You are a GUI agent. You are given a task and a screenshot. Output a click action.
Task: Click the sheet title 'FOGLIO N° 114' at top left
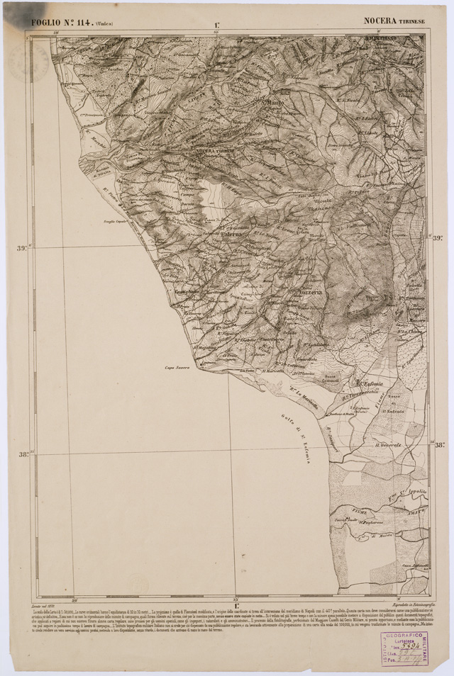pyautogui.click(x=71, y=22)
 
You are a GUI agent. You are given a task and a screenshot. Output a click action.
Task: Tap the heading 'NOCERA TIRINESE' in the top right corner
pyautogui.click(x=395, y=21)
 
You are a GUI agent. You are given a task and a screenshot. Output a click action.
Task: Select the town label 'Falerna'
pyautogui.click(x=232, y=234)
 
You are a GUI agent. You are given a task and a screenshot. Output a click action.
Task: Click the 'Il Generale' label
pyautogui.click(x=388, y=444)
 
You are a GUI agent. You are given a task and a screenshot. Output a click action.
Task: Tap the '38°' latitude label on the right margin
pyautogui.click(x=439, y=446)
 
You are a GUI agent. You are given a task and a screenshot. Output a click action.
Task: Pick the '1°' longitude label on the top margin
pyautogui.click(x=215, y=26)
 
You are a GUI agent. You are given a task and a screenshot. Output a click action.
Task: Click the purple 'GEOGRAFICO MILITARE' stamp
pyautogui.click(x=402, y=648)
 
